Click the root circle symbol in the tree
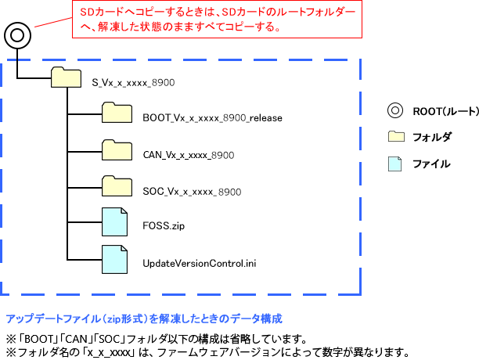click(17, 35)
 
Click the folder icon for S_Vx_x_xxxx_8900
click(66, 78)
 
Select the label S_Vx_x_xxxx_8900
click(133, 82)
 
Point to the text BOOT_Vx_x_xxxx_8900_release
click(201, 118)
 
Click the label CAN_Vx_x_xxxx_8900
click(189, 155)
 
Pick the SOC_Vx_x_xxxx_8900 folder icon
click(117, 185)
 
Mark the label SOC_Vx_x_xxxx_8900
click(192, 191)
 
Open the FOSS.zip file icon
click(114, 221)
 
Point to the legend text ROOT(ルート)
click(434, 112)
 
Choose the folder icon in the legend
click(396, 137)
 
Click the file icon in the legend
click(396, 164)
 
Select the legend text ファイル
click(431, 164)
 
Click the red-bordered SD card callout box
click(217, 20)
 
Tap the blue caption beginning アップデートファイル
click(144, 319)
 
